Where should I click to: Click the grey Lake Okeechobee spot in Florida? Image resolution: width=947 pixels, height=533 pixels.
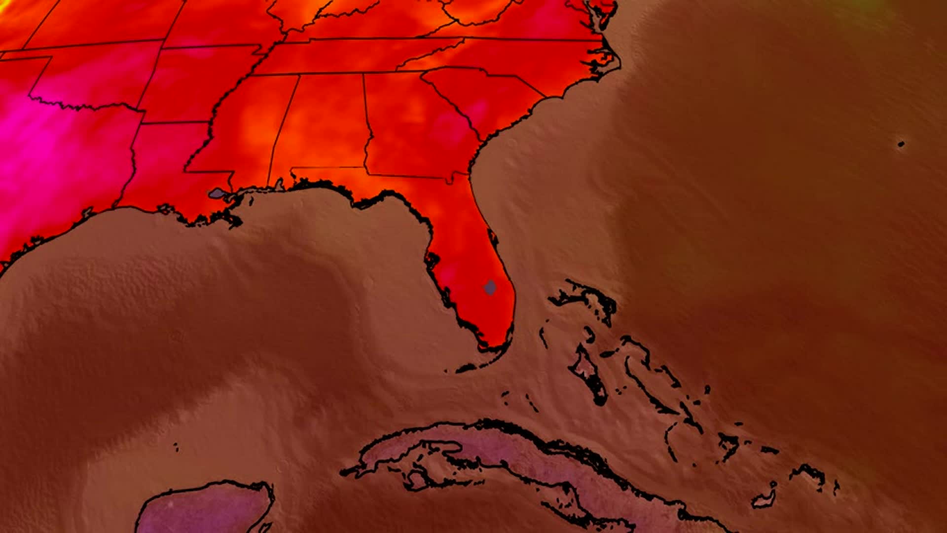tap(490, 287)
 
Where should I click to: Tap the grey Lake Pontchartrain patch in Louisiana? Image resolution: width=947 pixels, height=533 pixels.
tap(217, 193)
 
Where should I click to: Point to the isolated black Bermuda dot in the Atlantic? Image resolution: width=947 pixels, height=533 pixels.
tap(901, 144)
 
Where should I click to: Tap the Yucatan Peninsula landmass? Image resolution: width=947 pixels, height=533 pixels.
tap(207, 511)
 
